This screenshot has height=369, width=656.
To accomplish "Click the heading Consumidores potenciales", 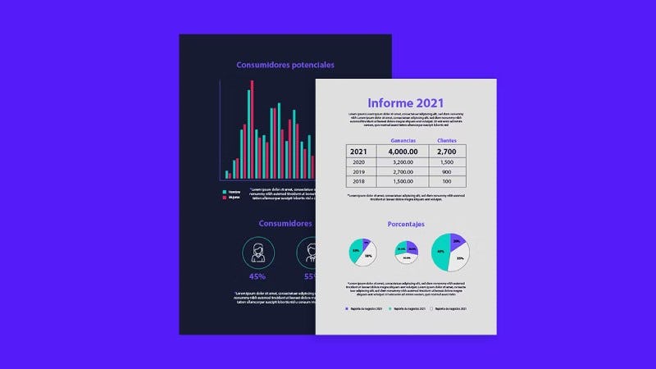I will (285, 65).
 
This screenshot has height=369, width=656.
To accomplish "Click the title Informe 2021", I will (405, 102).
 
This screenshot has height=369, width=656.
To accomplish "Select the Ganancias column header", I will (403, 141).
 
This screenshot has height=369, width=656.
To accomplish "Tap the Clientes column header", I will (447, 141).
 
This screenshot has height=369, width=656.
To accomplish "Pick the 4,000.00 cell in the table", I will (403, 152).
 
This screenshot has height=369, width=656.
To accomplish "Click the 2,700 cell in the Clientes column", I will (447, 152).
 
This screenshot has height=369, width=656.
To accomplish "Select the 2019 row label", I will (358, 172).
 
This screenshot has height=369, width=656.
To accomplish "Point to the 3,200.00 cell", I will (403, 162).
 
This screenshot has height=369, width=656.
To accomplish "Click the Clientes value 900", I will (447, 172).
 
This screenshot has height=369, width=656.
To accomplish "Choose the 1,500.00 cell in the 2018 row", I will (403, 182).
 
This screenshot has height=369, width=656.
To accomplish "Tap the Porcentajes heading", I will (405, 224).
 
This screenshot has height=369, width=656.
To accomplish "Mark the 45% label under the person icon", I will (257, 276).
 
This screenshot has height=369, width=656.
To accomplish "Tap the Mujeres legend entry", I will (233, 198).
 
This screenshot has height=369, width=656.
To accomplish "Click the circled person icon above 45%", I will (257, 251).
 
